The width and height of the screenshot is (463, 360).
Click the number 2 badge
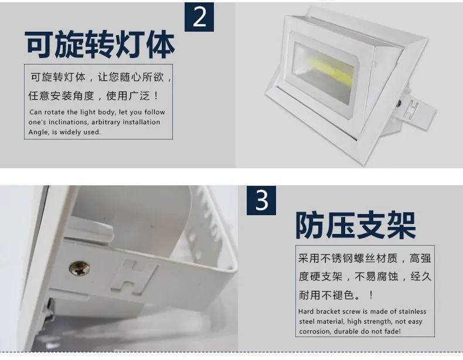pos(199,17)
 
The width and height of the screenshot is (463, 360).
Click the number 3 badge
pos(261,201)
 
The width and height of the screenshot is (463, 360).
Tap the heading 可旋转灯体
pos(100,45)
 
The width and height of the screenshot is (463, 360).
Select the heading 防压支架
pos(356,225)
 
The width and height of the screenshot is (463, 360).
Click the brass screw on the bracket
pos(80,268)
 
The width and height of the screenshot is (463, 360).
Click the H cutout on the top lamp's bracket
pos(411,109)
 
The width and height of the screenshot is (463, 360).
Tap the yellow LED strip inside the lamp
pos(330,71)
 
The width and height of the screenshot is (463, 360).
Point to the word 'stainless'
pos(413,311)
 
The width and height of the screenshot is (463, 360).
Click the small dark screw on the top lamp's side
pos(399,103)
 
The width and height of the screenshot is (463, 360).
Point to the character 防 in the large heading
pos(310,225)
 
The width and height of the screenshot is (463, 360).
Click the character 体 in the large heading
pos(161,45)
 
